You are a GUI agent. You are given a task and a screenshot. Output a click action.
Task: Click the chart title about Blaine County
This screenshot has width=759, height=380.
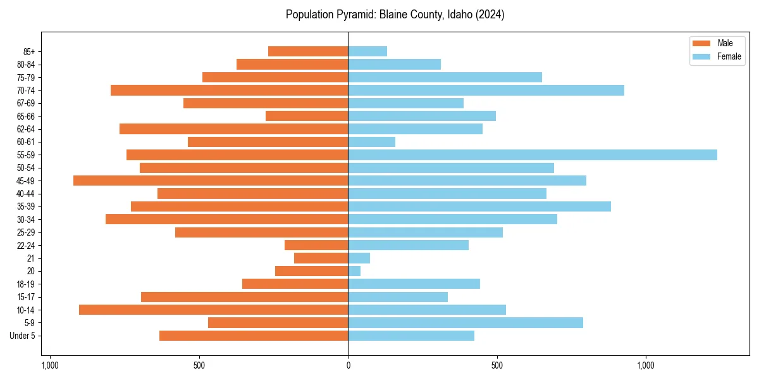(x=395, y=15)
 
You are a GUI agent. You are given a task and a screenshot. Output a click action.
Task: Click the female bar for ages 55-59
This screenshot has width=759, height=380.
(x=533, y=155)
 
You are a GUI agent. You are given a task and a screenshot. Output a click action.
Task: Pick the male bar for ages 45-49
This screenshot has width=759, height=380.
(x=211, y=180)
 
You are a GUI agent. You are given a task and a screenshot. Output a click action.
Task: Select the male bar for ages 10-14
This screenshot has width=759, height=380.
(x=213, y=310)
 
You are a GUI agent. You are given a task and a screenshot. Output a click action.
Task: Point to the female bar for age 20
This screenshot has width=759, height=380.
(x=354, y=271)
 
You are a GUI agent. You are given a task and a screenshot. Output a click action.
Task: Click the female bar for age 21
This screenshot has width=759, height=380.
(x=359, y=258)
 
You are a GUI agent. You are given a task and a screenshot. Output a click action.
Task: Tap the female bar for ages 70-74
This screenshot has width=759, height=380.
(x=486, y=90)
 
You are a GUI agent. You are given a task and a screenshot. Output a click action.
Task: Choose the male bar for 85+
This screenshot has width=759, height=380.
(x=308, y=51)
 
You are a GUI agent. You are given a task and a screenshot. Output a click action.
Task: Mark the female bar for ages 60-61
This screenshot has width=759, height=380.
(x=371, y=142)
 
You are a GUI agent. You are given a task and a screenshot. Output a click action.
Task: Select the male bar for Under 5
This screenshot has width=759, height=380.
(x=254, y=336)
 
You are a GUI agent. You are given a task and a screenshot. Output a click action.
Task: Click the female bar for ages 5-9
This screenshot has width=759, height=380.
(x=466, y=322)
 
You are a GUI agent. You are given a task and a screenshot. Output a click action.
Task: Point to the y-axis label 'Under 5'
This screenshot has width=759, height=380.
(x=22, y=336)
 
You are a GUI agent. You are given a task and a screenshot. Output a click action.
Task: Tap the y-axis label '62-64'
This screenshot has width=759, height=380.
(x=26, y=129)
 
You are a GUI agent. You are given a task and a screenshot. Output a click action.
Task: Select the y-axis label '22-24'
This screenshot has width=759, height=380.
(x=26, y=245)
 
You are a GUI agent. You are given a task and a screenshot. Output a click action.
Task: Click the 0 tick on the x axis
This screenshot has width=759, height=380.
(x=348, y=365)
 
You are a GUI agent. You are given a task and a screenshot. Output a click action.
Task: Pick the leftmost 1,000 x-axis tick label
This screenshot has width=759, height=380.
(x=50, y=365)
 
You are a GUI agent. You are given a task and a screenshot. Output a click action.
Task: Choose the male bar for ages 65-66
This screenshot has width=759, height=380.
(x=307, y=116)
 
